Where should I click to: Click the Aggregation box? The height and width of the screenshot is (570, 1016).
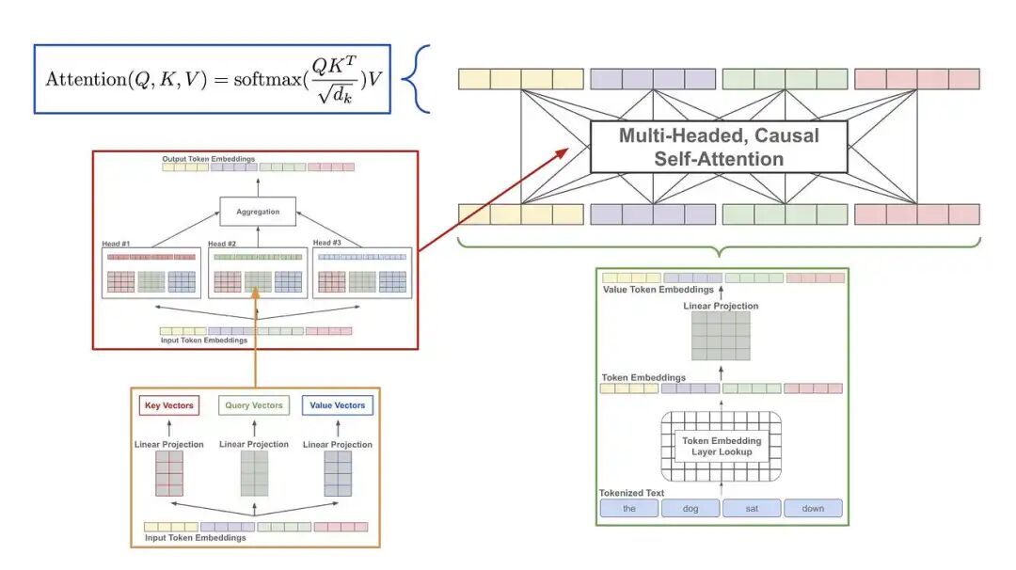(x=258, y=212)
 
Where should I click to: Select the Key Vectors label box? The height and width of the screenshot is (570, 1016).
(x=169, y=405)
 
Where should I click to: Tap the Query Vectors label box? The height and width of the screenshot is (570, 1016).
(x=254, y=405)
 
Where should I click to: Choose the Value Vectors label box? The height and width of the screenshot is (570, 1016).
(x=338, y=405)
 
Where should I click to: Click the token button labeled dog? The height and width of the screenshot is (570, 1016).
(x=691, y=509)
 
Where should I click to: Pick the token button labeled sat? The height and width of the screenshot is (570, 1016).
(x=752, y=509)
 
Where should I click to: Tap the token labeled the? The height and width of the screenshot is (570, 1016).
(x=629, y=509)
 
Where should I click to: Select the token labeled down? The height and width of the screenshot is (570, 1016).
(x=813, y=509)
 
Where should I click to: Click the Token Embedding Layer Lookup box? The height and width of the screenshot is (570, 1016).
(x=722, y=447)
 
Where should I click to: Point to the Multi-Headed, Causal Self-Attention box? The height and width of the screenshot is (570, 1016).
(x=719, y=147)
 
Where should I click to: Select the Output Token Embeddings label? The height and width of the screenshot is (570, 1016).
(x=208, y=159)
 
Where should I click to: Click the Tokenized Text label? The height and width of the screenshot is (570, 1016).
(x=631, y=493)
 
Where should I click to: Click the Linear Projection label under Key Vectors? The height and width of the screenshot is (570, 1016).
(x=169, y=444)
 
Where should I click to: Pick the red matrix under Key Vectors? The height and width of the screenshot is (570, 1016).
(x=169, y=473)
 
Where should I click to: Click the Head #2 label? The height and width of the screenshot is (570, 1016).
(x=225, y=244)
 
